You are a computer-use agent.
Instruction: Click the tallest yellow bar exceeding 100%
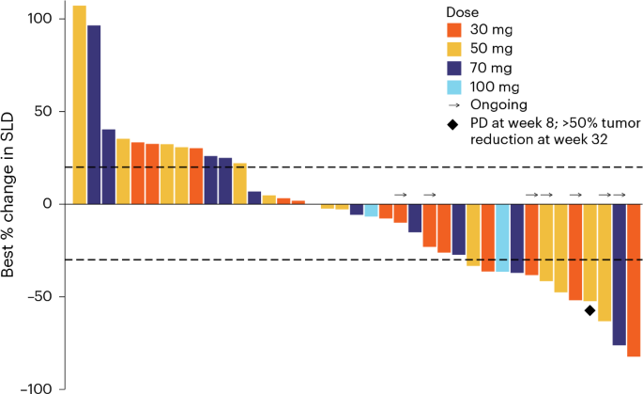coord(80,103)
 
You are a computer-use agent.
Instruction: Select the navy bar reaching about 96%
coord(94,113)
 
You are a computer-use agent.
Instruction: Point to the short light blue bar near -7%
coord(372,211)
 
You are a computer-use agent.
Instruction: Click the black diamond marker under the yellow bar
coord(589,310)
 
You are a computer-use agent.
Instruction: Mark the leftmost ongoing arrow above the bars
coord(401,195)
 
